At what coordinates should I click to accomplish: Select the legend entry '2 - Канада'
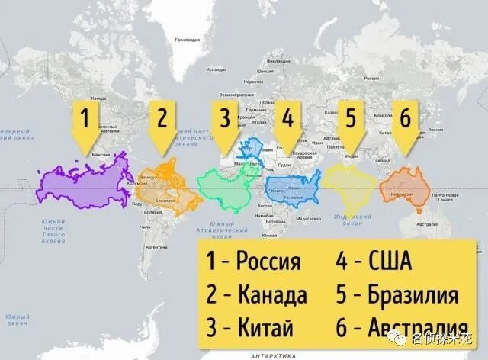[x=256, y=294]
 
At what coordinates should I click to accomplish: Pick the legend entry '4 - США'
[x=374, y=262]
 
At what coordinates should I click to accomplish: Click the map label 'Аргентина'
[x=156, y=248]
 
